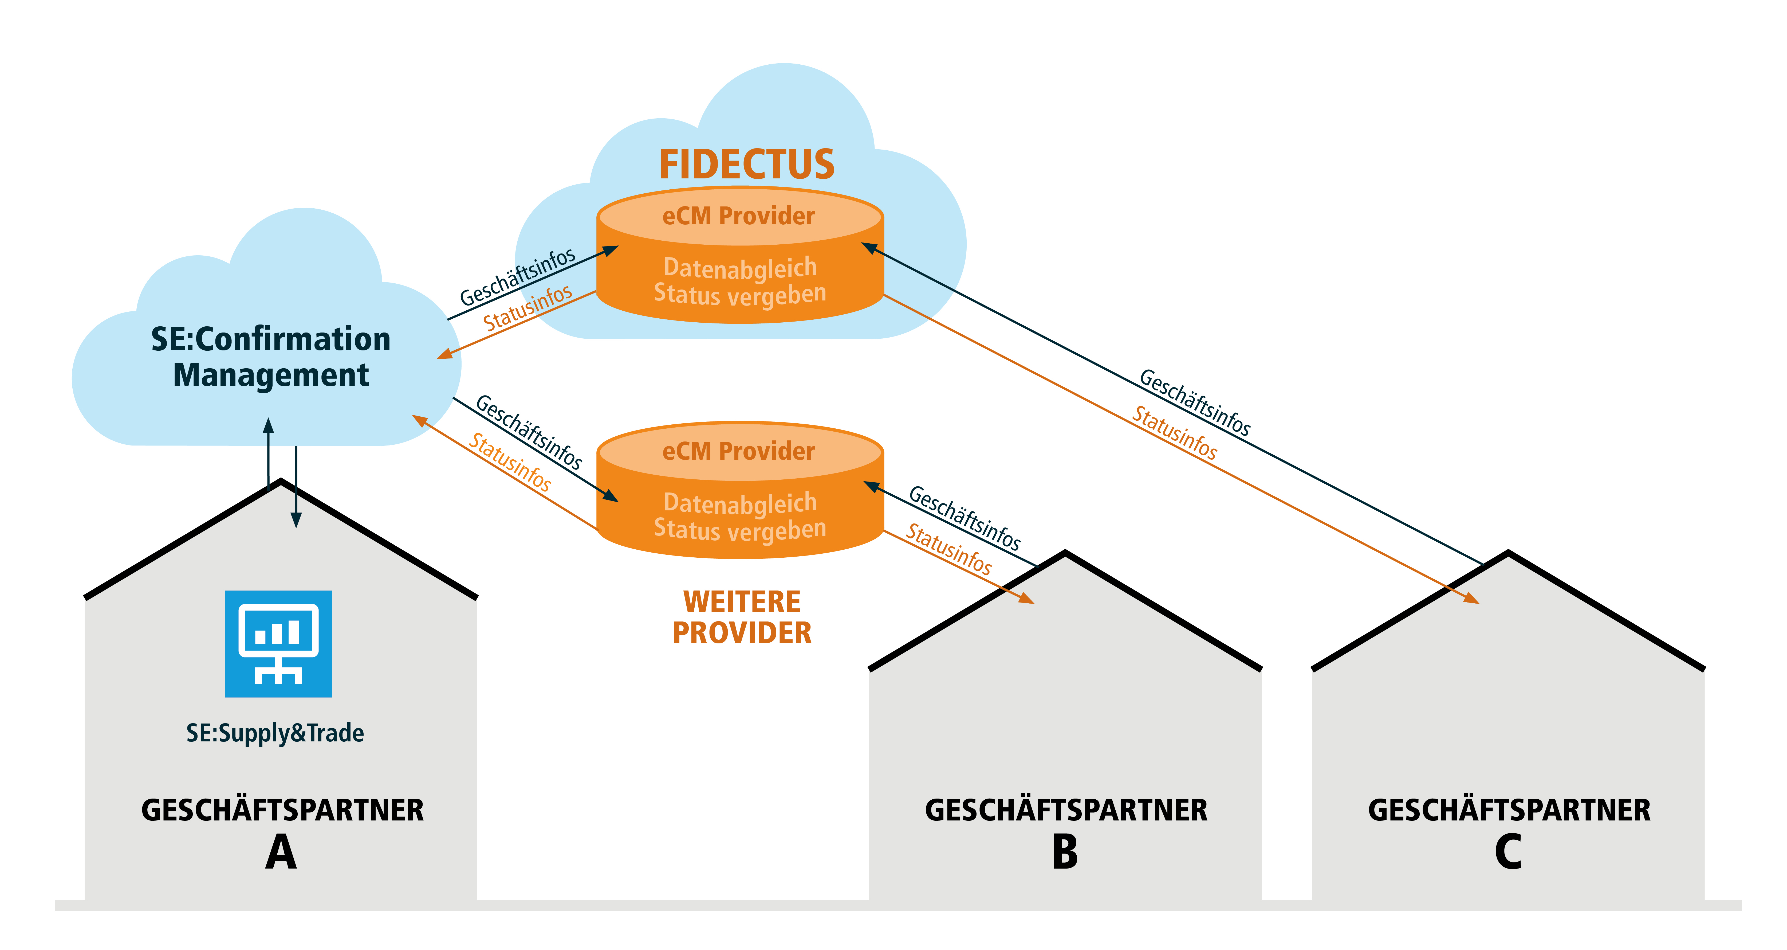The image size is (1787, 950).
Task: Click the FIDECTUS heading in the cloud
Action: click(746, 165)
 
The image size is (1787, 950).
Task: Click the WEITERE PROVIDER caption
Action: click(742, 617)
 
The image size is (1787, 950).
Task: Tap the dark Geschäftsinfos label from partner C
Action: click(1195, 402)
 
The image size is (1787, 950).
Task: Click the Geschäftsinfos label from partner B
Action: click(964, 518)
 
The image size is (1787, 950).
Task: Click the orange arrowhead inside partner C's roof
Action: click(1472, 598)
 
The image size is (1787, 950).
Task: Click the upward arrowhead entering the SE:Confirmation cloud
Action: click(269, 425)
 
